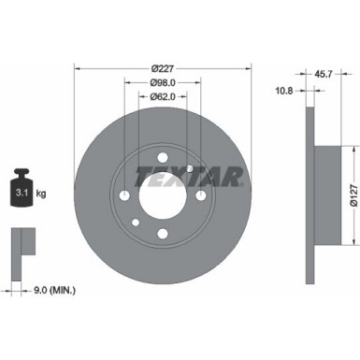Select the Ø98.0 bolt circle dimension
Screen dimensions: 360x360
[163, 81]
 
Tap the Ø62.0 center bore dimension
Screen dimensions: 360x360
[163, 96]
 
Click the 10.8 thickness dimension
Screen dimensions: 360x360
[285, 90]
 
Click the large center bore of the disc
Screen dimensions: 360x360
[161, 194]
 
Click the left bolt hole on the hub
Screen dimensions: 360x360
[124, 195]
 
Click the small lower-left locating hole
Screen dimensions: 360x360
[135, 222]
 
